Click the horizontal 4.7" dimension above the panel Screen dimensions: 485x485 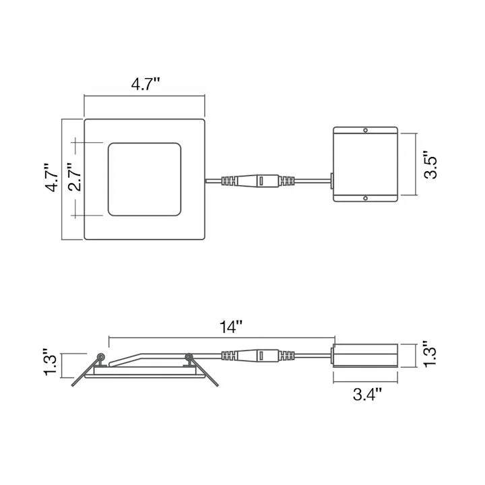pos(145,84)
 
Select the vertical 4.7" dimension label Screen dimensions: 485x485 pos(51,178)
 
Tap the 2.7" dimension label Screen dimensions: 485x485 pos(75,177)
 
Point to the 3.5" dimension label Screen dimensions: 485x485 pos(430,164)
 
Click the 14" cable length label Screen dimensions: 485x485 pos(231,327)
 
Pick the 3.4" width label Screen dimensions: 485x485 pos(368,394)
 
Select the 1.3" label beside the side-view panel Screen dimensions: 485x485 pos(50,362)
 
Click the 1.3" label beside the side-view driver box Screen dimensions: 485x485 pos(430,354)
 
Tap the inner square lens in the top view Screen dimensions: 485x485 pos(144,179)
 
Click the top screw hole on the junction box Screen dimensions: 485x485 pos(365,130)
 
